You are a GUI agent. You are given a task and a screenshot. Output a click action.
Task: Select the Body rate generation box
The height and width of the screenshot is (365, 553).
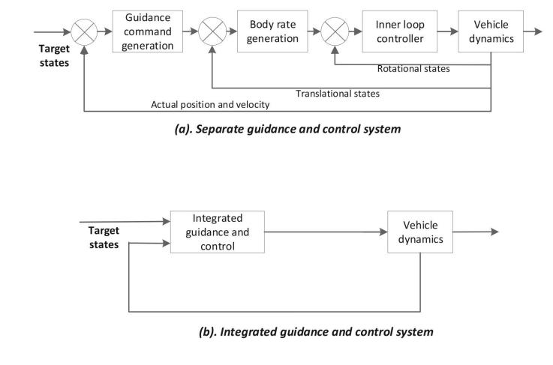pyautogui.click(x=269, y=31)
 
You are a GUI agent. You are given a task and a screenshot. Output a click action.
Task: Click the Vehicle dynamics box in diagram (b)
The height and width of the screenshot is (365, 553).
pyautogui.click(x=420, y=232)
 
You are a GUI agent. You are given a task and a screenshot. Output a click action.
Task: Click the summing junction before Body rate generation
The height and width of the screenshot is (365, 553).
pyautogui.click(x=212, y=32)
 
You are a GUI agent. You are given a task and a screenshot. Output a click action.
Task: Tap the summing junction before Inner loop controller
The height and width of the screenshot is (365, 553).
pyautogui.click(x=332, y=32)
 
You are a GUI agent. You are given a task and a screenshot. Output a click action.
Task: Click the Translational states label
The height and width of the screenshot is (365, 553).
pyautogui.click(x=337, y=94)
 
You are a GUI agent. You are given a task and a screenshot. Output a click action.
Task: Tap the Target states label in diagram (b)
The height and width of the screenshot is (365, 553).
pyautogui.click(x=104, y=238)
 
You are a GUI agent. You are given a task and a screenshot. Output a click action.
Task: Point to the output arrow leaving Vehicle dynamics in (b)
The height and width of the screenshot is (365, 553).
pyautogui.click(x=476, y=232)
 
